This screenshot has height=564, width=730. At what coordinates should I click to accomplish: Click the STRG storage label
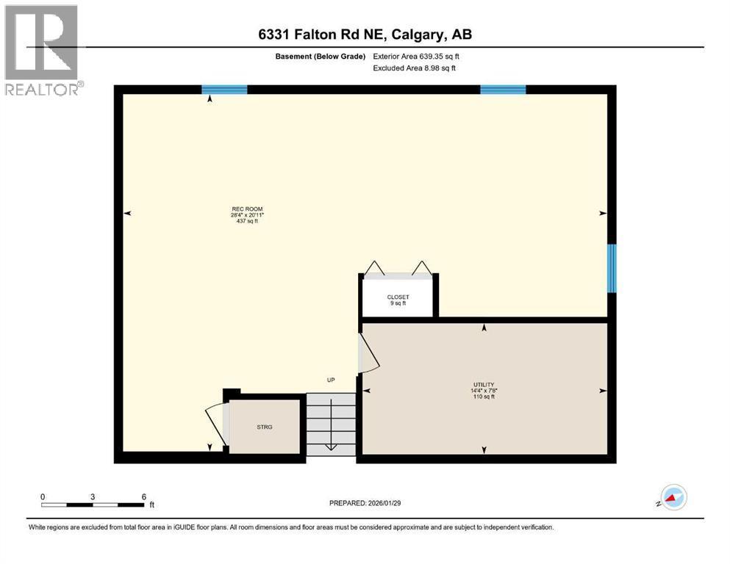click(x=265, y=427)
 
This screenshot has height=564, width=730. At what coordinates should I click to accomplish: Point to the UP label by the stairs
click(x=331, y=380)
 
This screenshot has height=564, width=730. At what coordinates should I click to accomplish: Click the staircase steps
click(x=331, y=424)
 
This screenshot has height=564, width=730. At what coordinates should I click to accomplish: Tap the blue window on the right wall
click(x=611, y=268)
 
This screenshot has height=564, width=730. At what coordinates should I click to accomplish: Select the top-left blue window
click(x=224, y=90)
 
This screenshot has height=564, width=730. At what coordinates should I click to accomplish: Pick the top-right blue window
click(x=503, y=90)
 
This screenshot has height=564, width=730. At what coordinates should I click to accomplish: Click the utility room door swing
click(x=368, y=354)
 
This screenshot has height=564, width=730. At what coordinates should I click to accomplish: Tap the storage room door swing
click(x=216, y=425)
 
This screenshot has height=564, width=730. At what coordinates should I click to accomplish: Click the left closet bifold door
click(x=375, y=269)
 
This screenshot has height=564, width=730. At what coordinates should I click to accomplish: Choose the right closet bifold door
click(x=421, y=269)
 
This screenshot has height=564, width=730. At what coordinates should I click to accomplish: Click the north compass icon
click(x=673, y=498)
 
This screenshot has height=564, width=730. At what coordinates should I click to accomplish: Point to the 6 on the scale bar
click(x=143, y=496)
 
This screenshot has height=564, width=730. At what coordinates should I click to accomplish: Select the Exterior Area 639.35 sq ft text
click(x=416, y=56)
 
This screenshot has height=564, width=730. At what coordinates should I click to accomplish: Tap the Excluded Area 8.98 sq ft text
click(x=415, y=68)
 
